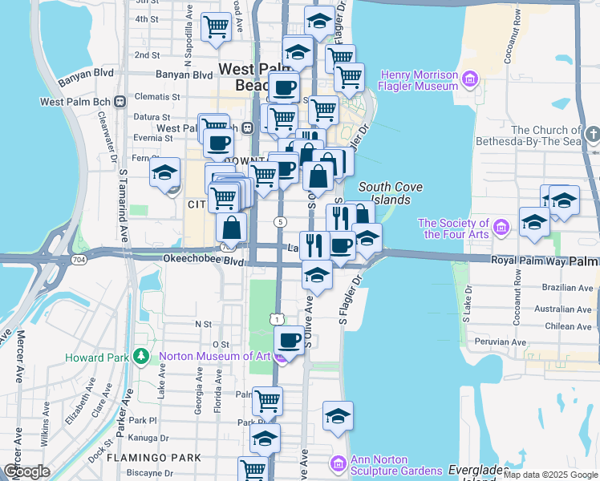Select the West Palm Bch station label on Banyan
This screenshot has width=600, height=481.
coord(76,102)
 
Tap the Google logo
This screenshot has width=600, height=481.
coord(26,471)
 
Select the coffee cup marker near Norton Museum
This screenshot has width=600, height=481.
coord(289,340)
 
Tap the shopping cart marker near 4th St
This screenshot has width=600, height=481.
coord(216,27)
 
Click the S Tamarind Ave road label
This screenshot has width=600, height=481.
coord(123,204)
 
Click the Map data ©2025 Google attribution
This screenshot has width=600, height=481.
coord(550,475)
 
